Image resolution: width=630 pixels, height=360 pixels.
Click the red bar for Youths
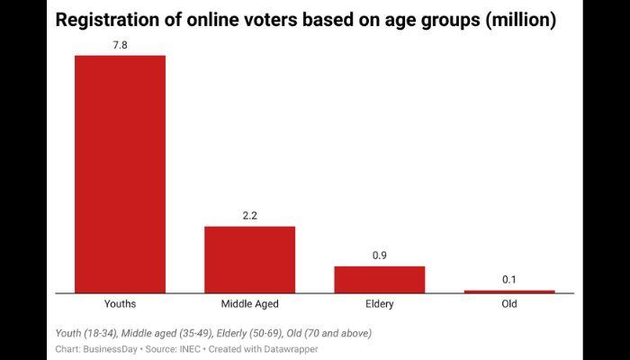click(x=120, y=174)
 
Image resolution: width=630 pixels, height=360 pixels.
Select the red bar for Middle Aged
click(x=249, y=259)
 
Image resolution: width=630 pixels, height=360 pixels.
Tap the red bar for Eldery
click(x=379, y=279)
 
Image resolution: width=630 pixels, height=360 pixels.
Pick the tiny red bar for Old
click(x=509, y=292)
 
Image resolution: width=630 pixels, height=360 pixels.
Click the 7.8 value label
click(x=120, y=42)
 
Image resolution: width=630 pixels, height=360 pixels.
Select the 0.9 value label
click(x=379, y=255)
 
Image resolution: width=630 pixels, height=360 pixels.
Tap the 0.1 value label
click(x=509, y=279)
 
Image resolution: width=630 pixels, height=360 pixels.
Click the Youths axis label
click(x=120, y=304)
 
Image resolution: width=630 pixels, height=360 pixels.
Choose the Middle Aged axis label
click(x=249, y=304)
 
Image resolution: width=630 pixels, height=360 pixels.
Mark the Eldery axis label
click(x=379, y=304)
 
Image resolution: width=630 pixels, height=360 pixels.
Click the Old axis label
click(x=509, y=304)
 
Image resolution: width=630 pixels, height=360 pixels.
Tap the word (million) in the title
click(x=520, y=20)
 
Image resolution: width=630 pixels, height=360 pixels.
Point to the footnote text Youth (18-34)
click(x=85, y=333)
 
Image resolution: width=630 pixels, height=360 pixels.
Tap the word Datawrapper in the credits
click(x=290, y=348)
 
